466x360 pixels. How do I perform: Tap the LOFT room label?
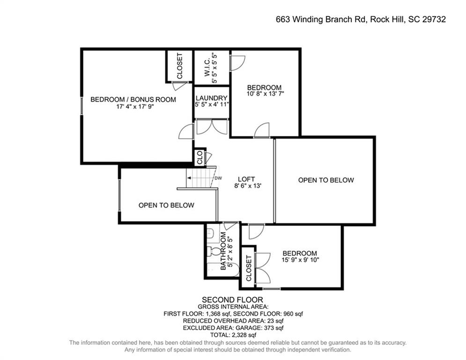tap(246, 179)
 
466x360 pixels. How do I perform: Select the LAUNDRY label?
tap(211, 98)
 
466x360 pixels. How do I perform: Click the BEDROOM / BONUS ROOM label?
tap(133, 99)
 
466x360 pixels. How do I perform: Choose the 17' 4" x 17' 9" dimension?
tap(135, 106)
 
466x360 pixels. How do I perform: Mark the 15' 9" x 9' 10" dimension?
tap(300, 260)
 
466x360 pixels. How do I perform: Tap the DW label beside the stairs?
tap(218, 178)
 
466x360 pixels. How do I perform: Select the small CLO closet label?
tap(200, 157)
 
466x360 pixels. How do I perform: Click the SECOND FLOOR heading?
tap(232, 300)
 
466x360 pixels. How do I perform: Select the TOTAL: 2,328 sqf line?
tap(233, 335)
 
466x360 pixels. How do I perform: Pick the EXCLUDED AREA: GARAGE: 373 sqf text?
tap(233, 328)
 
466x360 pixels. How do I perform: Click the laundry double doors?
tap(212, 127)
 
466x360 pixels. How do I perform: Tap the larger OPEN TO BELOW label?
tap(326, 180)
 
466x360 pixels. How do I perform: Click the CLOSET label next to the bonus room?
tap(179, 66)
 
